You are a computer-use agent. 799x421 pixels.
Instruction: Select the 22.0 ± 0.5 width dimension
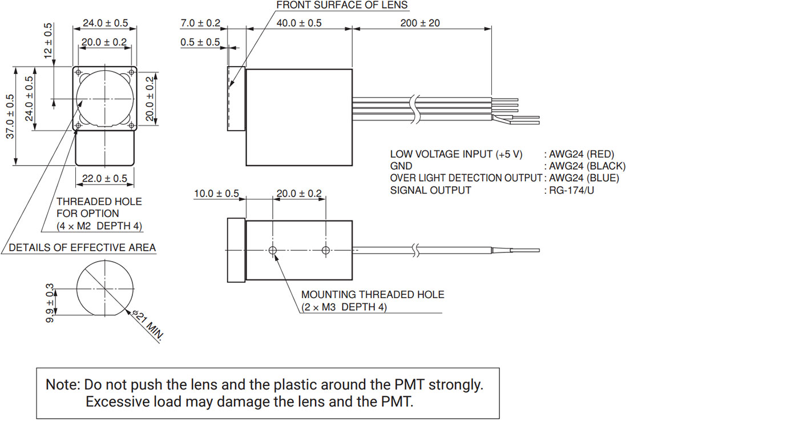(x=104, y=179)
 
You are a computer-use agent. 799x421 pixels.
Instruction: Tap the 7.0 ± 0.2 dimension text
(x=200, y=23)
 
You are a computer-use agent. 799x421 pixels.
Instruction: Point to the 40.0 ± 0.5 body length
(x=299, y=23)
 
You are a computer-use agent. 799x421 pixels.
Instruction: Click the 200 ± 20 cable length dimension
(x=421, y=23)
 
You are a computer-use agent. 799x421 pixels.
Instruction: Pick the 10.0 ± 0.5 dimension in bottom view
(x=216, y=194)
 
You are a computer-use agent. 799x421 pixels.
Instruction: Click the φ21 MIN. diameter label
(x=147, y=325)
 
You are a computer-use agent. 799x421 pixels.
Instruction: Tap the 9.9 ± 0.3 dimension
(x=50, y=303)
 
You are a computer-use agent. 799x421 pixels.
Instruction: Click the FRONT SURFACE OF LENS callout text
(x=342, y=6)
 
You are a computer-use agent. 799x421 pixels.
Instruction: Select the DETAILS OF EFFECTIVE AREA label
(x=82, y=248)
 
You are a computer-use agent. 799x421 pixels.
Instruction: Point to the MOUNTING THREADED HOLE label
(x=373, y=295)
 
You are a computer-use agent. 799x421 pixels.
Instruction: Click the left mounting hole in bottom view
(x=273, y=250)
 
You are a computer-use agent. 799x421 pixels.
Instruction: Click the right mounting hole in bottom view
(x=326, y=250)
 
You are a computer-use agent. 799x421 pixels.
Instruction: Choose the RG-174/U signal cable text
(x=571, y=190)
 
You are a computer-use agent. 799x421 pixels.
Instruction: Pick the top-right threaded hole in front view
(x=132, y=72)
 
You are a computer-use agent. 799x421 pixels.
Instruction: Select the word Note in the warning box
(x=62, y=384)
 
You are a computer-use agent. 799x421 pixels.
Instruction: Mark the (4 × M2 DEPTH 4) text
(x=99, y=226)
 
